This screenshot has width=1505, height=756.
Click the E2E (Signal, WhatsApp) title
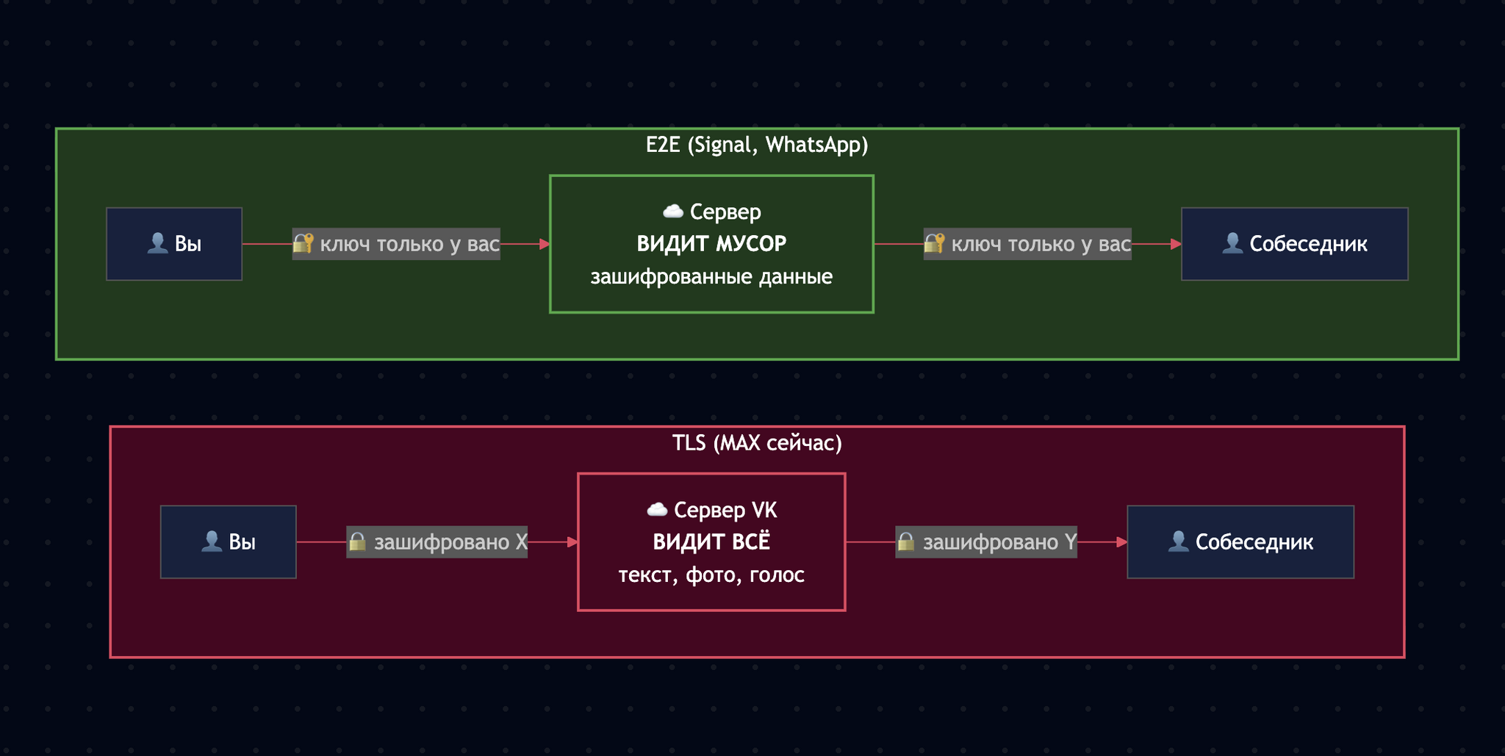pyautogui.click(x=757, y=145)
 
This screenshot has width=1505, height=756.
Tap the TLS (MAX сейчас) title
pyautogui.click(x=757, y=443)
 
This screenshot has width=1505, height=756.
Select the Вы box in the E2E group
pyautogui.click(x=174, y=244)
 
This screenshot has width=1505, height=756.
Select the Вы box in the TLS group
pyautogui.click(x=229, y=542)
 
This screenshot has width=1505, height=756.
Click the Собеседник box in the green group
pyautogui.click(x=1294, y=244)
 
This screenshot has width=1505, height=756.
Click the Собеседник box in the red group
pyautogui.click(x=1240, y=542)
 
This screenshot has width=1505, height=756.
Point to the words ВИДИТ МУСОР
pyautogui.click(x=711, y=244)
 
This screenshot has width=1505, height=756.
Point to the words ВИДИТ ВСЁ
pyautogui.click(x=711, y=542)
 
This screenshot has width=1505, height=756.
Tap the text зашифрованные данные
pyautogui.click(x=711, y=277)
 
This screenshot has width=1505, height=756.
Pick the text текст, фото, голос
pyautogui.click(x=711, y=575)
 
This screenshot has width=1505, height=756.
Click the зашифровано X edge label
pyautogui.click(x=437, y=542)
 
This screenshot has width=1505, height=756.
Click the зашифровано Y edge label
pyautogui.click(x=986, y=542)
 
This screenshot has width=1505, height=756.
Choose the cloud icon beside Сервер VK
pyautogui.click(x=657, y=509)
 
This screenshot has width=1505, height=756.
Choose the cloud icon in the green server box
pyautogui.click(x=673, y=212)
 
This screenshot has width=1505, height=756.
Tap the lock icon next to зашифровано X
pyautogui.click(x=357, y=542)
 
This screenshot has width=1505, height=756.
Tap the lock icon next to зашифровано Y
pyautogui.click(x=906, y=542)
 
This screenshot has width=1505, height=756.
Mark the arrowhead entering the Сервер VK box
pyautogui.click(x=572, y=542)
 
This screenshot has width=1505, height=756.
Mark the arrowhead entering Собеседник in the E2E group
pyautogui.click(x=1176, y=244)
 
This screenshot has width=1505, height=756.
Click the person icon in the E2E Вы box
pyautogui.click(x=157, y=243)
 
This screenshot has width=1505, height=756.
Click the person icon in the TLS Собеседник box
pyautogui.click(x=1178, y=541)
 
